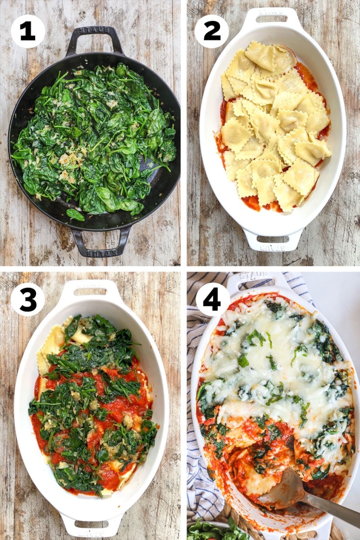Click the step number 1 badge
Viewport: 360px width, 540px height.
28,31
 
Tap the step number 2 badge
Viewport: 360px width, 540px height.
211,31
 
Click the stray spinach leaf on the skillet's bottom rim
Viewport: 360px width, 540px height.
75,214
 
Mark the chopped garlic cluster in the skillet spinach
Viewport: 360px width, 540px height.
67,160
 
